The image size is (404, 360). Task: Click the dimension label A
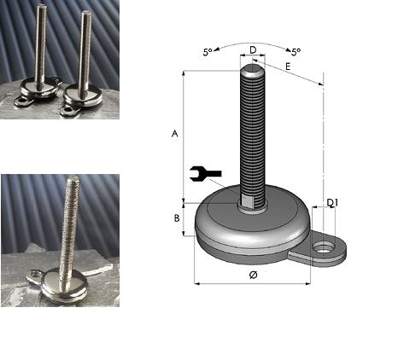(175, 133)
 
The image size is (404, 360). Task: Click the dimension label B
(177, 218)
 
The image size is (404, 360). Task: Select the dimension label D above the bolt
(253, 50)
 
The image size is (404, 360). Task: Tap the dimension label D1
(332, 202)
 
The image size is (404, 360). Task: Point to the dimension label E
(288, 67)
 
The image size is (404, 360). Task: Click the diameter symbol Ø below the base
(253, 275)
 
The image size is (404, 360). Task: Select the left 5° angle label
(208, 52)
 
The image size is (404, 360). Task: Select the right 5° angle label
(296, 52)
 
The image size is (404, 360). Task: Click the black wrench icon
(205, 173)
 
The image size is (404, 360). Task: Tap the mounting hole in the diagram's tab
(324, 247)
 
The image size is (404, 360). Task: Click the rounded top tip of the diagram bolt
(253, 70)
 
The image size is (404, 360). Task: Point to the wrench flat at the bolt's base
(247, 201)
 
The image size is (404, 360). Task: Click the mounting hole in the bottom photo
(35, 275)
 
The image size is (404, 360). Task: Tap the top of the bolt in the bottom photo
(73, 178)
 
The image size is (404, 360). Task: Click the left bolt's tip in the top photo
(41, 7)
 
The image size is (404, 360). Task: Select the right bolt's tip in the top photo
(86, 14)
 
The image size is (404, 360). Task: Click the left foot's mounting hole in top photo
(20, 101)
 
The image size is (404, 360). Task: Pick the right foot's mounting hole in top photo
(67, 110)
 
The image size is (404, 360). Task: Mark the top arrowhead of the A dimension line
(184, 73)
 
